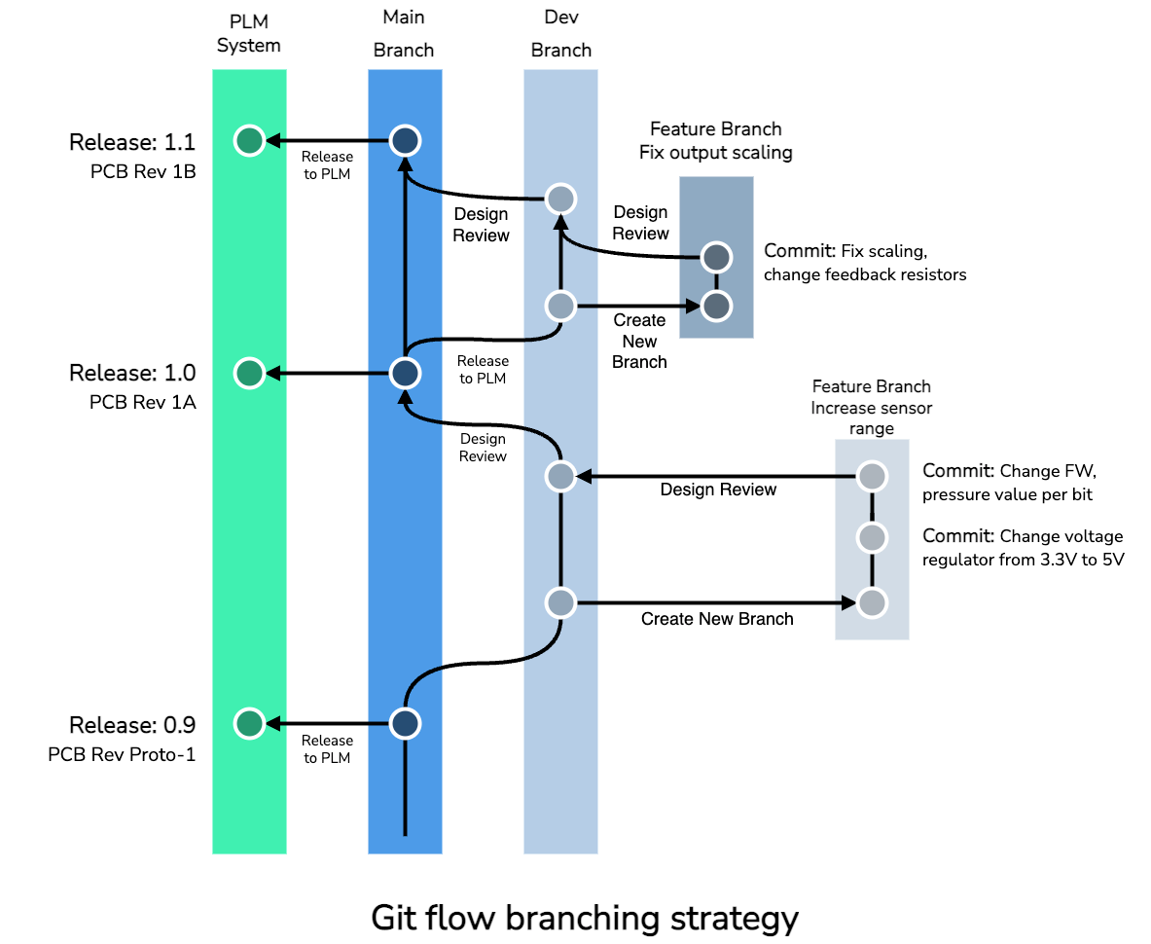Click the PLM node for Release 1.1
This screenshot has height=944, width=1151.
[x=249, y=141]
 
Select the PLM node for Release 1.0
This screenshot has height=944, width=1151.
[x=249, y=373]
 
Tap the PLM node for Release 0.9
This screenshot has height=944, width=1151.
[x=249, y=723]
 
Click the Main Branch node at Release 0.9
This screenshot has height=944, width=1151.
[x=405, y=723]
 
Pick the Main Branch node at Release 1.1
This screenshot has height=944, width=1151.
[x=405, y=141]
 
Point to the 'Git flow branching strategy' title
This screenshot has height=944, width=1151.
[x=585, y=917]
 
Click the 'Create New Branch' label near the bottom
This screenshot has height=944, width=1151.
[x=717, y=619]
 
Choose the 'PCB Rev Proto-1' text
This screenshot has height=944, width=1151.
[x=122, y=754]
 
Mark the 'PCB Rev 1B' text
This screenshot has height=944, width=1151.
[x=142, y=172]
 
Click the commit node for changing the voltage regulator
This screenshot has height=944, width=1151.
[x=872, y=537]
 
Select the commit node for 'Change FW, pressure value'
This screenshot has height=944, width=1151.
[x=872, y=477]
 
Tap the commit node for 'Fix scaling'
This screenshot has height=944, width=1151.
[x=716, y=258]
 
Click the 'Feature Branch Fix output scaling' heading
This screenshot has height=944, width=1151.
[x=715, y=141]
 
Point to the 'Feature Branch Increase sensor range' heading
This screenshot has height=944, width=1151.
[x=871, y=407]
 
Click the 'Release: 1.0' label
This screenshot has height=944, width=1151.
[x=132, y=373]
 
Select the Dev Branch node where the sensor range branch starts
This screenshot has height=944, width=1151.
[x=560, y=603]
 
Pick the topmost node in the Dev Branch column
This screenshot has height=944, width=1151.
[x=560, y=200]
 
